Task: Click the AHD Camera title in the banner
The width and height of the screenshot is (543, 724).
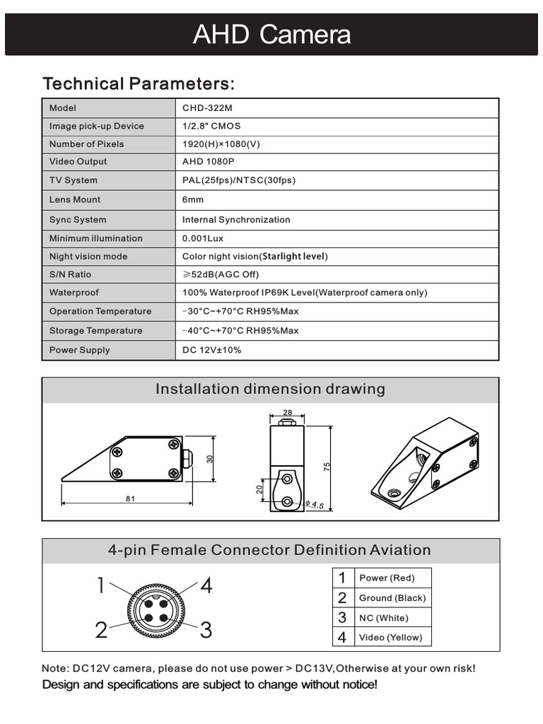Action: (271, 35)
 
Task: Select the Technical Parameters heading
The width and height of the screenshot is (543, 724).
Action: (138, 83)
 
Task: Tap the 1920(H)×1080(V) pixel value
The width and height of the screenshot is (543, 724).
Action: (221, 144)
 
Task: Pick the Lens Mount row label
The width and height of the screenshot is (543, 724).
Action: (75, 199)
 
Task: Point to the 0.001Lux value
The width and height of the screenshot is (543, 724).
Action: (203, 238)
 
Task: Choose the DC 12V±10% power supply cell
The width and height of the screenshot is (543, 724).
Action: (211, 350)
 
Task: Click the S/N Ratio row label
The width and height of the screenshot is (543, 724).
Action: (70, 274)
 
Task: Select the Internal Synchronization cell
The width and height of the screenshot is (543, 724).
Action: (236, 219)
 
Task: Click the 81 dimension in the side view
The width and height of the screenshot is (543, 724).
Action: (130, 498)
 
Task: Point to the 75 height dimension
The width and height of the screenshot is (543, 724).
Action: (327, 467)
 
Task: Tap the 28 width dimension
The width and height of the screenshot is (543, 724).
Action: (287, 412)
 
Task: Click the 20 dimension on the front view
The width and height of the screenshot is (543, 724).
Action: (259, 489)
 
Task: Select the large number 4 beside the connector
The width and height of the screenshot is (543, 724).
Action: (206, 586)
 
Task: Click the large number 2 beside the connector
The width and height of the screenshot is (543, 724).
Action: (102, 630)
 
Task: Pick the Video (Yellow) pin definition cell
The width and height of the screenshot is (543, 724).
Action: (390, 637)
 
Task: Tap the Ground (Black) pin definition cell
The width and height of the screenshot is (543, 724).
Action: (392, 597)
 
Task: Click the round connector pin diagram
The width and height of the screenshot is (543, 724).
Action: (153, 607)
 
